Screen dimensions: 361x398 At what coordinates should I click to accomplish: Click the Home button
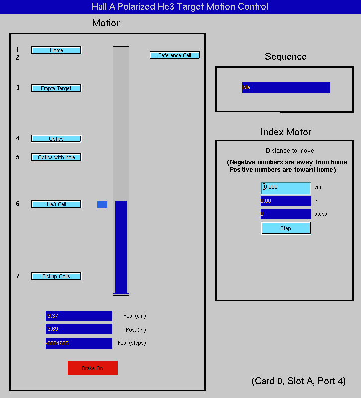coord(56,50)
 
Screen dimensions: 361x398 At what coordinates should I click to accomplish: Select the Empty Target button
coord(56,88)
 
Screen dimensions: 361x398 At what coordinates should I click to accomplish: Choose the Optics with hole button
coord(56,157)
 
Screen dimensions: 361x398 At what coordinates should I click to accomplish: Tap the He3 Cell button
coord(56,204)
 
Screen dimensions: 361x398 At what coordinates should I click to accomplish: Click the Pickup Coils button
coord(56,276)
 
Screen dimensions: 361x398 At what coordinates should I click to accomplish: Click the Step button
coord(285,228)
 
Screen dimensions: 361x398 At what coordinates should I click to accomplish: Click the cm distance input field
coord(285,188)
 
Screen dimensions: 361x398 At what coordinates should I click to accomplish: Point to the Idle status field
coord(286,87)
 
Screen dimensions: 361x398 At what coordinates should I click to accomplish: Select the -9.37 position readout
coord(79,316)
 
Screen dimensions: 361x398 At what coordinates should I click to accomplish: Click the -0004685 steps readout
coord(79,343)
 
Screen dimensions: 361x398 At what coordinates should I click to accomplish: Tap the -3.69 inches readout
coord(79,329)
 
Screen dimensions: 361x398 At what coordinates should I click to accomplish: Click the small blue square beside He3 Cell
coord(102,204)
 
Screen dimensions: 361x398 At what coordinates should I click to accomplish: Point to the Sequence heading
coord(285,56)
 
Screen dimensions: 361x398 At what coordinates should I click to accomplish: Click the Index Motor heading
coord(286,132)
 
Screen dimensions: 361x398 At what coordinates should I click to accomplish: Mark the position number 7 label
coord(18,276)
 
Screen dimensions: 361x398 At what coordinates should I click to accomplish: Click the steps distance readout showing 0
coord(286,214)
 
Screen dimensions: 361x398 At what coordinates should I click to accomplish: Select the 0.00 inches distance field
coord(286,201)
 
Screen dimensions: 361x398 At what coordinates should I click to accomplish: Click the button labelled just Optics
coord(56,139)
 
